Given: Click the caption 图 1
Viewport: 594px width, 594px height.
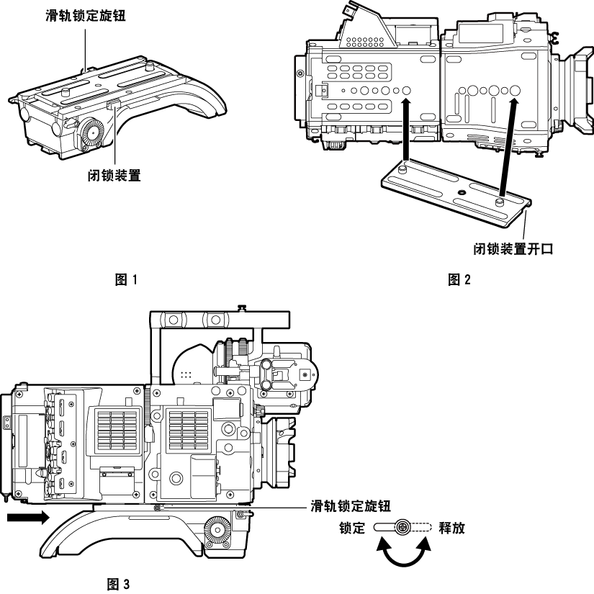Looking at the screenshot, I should (x=125, y=279).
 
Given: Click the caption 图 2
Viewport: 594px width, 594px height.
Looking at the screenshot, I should (x=459, y=279).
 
